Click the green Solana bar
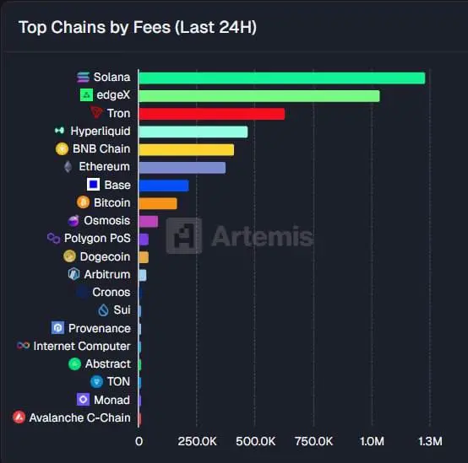[280, 78]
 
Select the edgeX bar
[258, 95]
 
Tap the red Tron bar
[211, 114]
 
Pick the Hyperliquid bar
[193, 132]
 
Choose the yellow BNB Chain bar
[186, 149]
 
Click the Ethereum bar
[182, 167]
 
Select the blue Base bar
[163, 186]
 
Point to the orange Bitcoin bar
[157, 203]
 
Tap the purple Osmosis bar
[148, 221]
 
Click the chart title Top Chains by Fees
[138, 27]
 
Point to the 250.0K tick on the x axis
[197, 441]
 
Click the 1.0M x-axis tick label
[372, 441]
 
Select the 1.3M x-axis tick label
[430, 441]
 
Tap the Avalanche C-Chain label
[79, 417]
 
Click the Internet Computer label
[82, 346]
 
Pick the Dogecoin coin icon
[71, 256]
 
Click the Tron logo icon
[96, 113]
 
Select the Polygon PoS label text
[97, 239]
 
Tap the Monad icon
[83, 400]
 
